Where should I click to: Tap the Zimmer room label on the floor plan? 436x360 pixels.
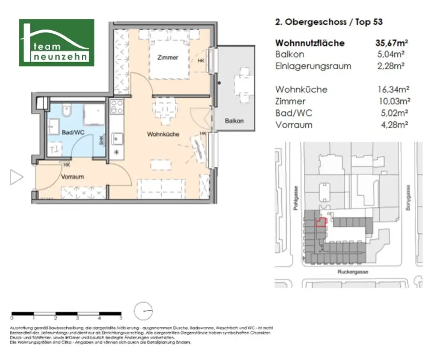coord(167,57)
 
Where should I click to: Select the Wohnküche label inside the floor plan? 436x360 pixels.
coord(163,134)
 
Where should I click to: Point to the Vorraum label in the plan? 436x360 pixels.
coord(72,176)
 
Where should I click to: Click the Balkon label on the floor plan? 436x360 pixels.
coord(234,121)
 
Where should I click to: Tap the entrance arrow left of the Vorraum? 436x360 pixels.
coord(16,177)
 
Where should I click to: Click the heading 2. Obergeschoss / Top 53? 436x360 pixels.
coord(329,22)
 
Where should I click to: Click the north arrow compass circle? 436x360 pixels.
coord(143,311)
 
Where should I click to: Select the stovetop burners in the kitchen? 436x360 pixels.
coord(117,107)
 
